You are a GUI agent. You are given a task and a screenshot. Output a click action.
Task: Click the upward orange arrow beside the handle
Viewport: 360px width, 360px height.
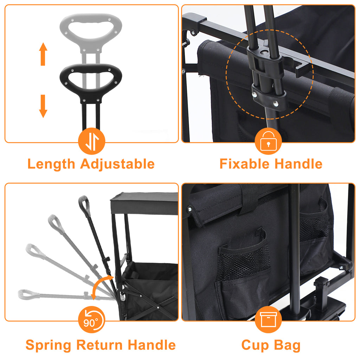coord(43,54)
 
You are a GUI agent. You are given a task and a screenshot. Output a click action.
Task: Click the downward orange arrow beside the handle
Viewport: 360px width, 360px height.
coord(43,106)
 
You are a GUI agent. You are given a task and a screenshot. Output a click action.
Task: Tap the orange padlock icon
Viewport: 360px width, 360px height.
coord(268,141)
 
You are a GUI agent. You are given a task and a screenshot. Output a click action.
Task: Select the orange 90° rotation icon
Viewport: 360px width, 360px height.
coord(92,320)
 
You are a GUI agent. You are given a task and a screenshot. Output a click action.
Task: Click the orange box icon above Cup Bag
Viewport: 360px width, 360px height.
coord(268,320)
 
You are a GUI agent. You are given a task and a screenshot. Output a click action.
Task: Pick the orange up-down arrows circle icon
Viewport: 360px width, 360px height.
coord(92,141)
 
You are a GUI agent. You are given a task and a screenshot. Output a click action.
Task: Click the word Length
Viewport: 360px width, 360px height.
coord(51,165)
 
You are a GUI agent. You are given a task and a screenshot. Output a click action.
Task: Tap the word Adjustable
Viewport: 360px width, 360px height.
coord(117,165)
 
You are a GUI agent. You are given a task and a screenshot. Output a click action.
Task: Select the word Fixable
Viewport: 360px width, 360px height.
coord(245,164)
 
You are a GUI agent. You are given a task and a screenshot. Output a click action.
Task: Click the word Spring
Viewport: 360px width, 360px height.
coord(49,346)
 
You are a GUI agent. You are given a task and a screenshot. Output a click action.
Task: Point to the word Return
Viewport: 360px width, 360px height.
coord(100,345)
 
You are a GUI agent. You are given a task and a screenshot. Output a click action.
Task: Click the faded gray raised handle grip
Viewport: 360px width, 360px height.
coord(91,32)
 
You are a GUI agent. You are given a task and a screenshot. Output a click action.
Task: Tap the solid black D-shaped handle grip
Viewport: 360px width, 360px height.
coord(91,83)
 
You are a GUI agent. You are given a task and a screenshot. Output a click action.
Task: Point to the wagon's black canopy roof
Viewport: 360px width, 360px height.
coord(144,204)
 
